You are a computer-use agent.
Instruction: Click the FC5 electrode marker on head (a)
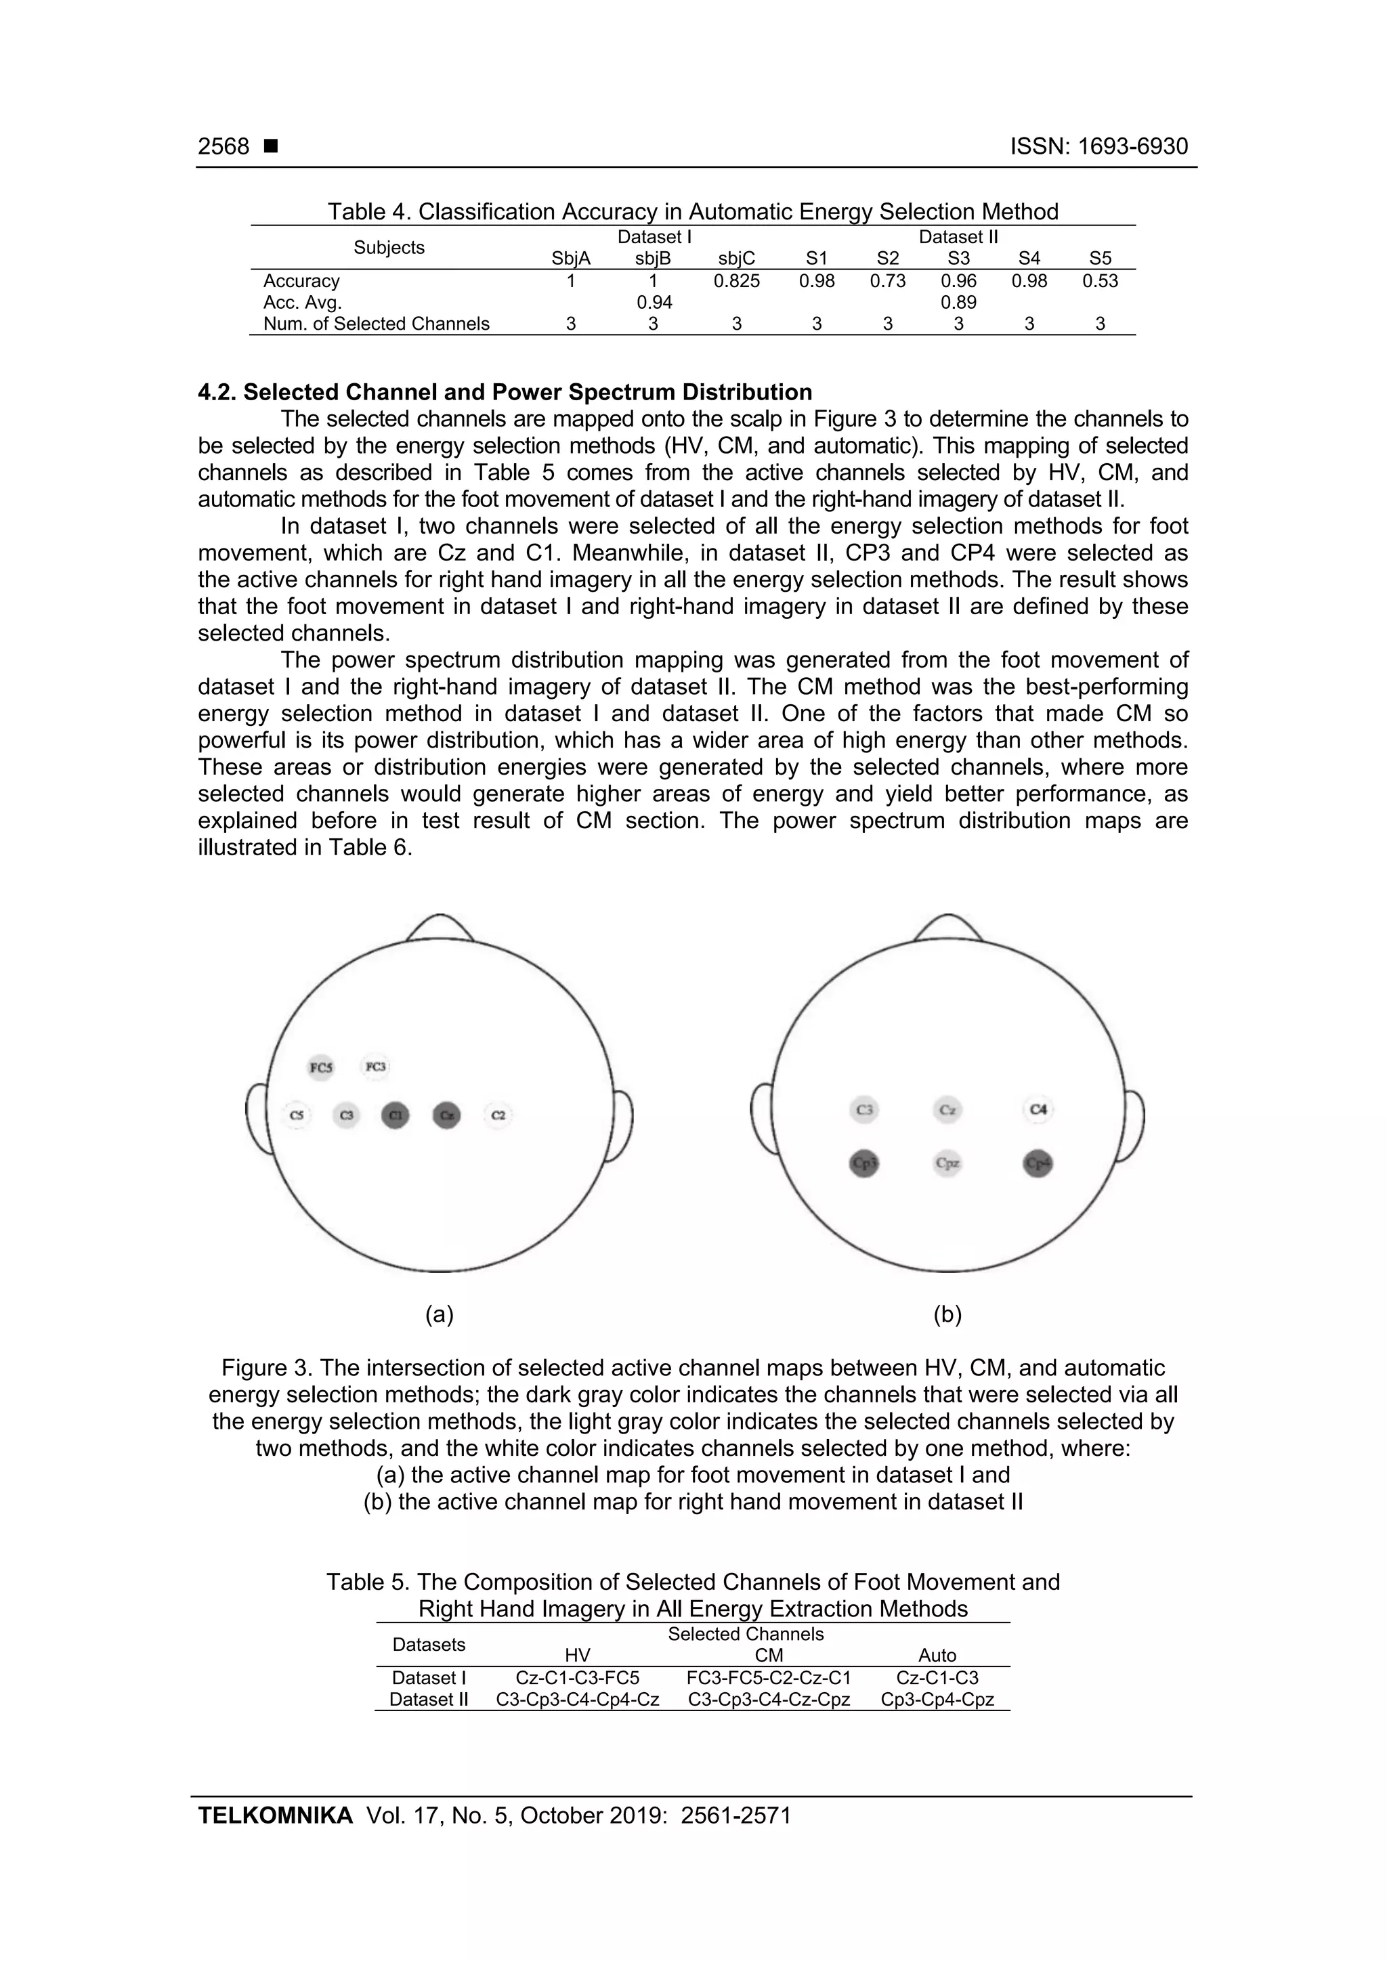click(321, 1068)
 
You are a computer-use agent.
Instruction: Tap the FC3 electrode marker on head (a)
click(376, 1066)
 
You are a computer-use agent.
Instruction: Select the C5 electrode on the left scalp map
click(297, 1115)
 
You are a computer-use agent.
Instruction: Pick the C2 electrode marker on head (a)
click(498, 1115)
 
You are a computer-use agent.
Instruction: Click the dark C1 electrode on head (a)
click(396, 1115)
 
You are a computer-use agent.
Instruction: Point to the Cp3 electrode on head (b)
click(864, 1163)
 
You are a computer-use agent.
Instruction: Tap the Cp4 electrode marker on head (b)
click(1038, 1163)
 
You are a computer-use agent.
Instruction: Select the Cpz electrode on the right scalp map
click(948, 1163)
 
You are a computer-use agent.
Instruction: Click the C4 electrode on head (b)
click(1038, 1109)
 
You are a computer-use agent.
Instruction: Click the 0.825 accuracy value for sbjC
click(736, 281)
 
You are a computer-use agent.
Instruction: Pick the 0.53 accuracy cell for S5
click(1100, 281)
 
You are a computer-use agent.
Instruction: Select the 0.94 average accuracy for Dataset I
click(654, 303)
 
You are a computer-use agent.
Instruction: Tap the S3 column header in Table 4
click(958, 259)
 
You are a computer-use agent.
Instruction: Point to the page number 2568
click(223, 147)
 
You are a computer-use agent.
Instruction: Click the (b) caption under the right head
click(948, 1314)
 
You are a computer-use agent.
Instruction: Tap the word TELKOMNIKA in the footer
click(275, 1815)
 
